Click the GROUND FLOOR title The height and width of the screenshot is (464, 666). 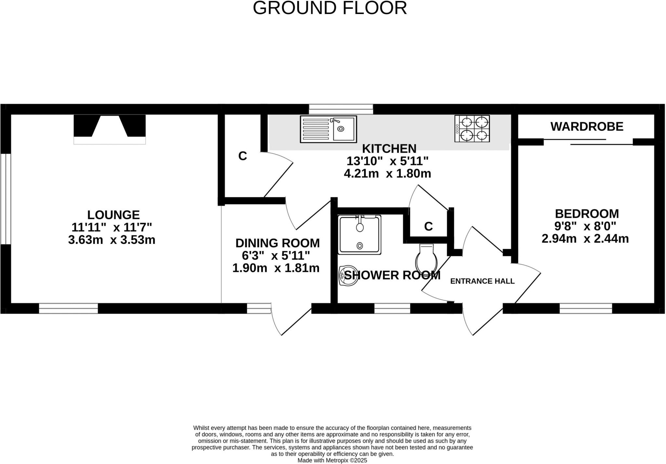pos(330,8)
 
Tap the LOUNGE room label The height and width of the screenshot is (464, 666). pos(113,215)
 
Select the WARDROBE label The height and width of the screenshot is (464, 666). pos(587,127)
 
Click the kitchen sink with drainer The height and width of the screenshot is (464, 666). pos(328,129)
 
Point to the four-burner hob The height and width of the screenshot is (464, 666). pos(472,129)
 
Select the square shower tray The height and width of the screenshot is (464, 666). pos(360,234)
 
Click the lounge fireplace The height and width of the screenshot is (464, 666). pos(110,129)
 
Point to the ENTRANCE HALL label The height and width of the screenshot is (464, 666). pos(482,281)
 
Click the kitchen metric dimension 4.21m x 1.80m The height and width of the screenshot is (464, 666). pos(387,174)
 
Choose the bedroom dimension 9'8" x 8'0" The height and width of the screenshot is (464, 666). pos(585,226)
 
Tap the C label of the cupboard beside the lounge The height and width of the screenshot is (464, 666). pos(243,156)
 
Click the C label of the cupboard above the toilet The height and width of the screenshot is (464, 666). pos(429,226)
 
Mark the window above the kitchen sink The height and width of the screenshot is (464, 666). pos(341,109)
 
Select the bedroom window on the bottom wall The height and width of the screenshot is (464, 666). pos(586,308)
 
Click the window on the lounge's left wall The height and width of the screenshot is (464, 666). pos(6,199)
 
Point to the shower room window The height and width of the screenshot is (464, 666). pos(392,308)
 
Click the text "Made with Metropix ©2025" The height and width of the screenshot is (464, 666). pos(332,460)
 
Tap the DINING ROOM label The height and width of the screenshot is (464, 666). pos(277,243)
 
